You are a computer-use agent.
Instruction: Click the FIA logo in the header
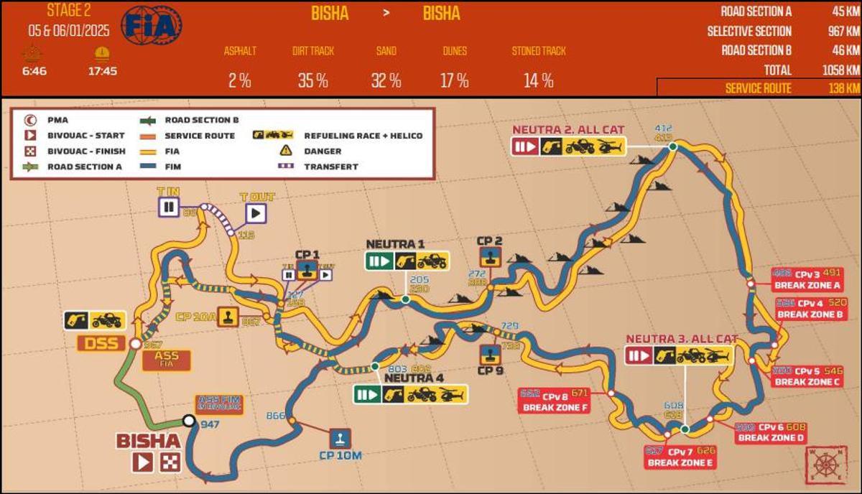tap(152, 27)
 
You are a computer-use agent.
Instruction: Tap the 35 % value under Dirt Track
tap(312, 80)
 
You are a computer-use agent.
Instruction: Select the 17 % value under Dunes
tap(454, 80)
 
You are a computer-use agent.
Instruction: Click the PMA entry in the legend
tap(57, 120)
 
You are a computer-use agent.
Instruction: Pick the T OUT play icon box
tap(256, 213)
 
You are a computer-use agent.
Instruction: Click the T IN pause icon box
tap(169, 208)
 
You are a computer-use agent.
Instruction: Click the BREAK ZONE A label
tap(807, 285)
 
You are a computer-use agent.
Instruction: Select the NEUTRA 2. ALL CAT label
tap(567, 130)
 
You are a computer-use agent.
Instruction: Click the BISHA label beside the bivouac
tap(148, 440)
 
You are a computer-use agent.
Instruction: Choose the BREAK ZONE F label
tap(555, 408)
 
